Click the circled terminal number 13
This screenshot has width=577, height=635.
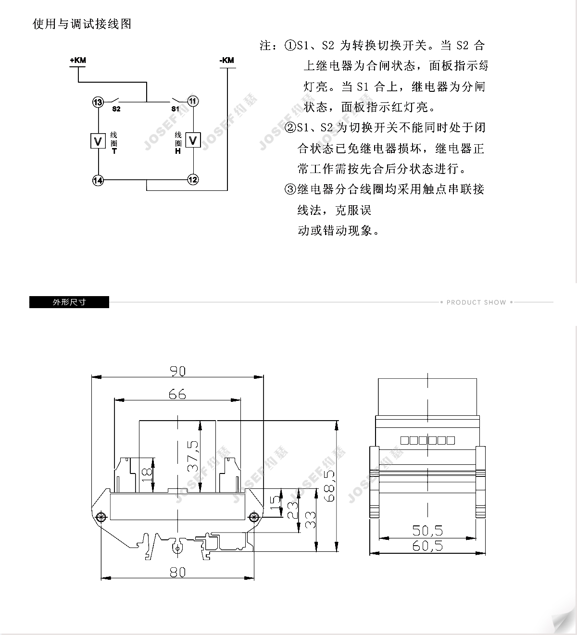pos(98,102)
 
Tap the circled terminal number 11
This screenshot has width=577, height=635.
pos(193,101)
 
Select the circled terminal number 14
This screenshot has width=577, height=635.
pos(98,180)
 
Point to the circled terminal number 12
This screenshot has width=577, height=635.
pos(193,179)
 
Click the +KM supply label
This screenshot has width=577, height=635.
pos(78,60)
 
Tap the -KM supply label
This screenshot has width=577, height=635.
pos(227,60)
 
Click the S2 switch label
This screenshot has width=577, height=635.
pos(116,109)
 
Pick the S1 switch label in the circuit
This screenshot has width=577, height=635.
pos(175,109)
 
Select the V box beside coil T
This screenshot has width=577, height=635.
pos(98,141)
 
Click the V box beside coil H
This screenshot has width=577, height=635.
pos(193,140)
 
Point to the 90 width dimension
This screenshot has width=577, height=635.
pos(177,371)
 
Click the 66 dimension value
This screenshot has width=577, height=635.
pos(177,394)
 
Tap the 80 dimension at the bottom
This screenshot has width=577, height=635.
pos(177,572)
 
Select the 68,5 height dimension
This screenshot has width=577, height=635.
pos(330,486)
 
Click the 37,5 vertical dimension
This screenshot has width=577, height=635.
pos(193,456)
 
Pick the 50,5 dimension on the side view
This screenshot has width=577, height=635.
pos(427,531)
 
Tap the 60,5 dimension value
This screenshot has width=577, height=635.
pos(427,546)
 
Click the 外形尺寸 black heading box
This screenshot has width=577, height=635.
pos(69,302)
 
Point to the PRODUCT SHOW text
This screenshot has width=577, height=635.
pos(477,302)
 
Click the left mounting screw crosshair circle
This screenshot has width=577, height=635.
pos(101,517)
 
